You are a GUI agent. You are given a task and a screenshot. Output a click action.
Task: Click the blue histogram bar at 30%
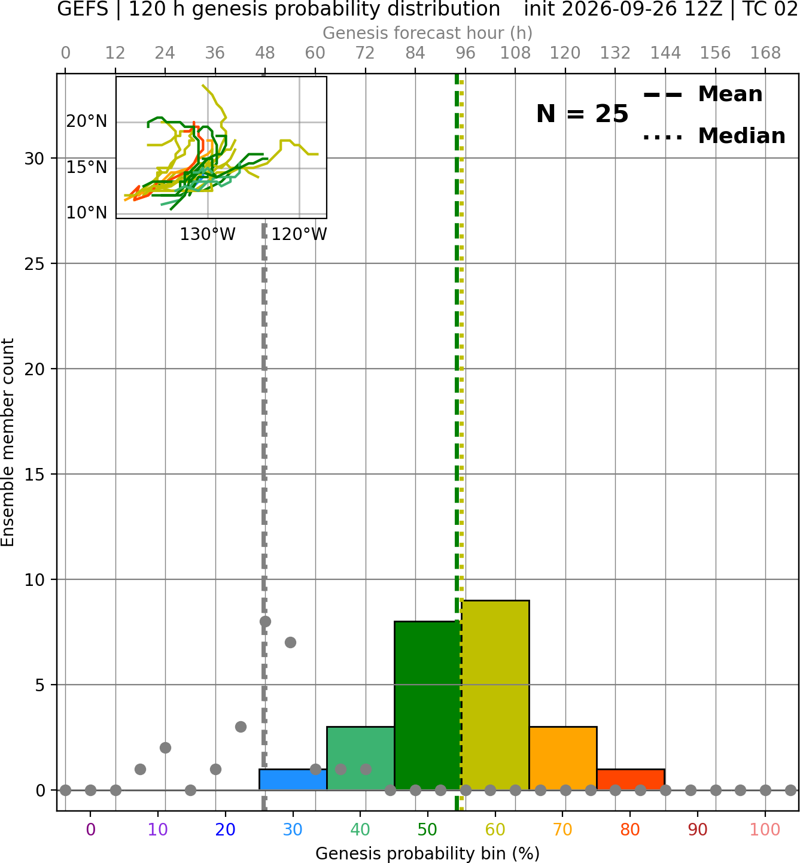[x=293, y=780]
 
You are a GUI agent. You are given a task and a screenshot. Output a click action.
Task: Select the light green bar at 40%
[x=361, y=758]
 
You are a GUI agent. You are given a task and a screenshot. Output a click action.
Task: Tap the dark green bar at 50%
[x=428, y=706]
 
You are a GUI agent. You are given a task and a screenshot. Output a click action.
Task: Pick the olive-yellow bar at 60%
[x=495, y=695]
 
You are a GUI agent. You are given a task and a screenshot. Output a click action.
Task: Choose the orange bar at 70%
[x=563, y=758]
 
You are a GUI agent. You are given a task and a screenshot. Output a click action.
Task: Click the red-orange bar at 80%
[x=631, y=780]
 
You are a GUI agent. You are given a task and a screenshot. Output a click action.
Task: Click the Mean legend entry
[x=702, y=95]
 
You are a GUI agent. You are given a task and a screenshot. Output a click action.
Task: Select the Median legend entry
[x=714, y=136]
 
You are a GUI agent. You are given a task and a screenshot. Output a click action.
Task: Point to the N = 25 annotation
[x=582, y=114]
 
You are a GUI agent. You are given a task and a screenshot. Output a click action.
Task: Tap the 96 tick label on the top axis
[x=466, y=53]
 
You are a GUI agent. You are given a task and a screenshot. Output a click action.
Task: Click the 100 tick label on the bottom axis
[x=765, y=829]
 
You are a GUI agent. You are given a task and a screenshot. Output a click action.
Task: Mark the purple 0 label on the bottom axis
[x=90, y=829]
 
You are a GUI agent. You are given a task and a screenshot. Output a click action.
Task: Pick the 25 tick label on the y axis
[x=35, y=264]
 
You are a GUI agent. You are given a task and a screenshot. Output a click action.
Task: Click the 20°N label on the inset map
[x=87, y=121]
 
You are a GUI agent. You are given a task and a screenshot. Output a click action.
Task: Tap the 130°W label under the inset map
[x=208, y=235]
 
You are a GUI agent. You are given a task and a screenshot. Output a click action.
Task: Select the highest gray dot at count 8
[x=265, y=622]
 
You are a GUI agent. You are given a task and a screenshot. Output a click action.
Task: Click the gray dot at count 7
[x=290, y=643]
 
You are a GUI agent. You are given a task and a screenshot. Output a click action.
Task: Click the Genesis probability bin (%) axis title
[x=428, y=853]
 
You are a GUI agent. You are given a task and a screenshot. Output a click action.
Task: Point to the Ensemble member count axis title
[x=7, y=442]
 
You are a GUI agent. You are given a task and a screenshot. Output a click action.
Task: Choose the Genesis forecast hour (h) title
[x=428, y=33]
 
